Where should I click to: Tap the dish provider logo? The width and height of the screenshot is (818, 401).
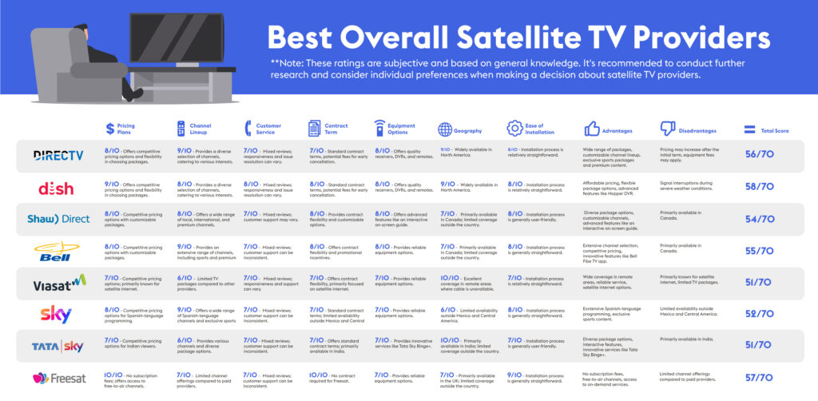[x=56, y=189]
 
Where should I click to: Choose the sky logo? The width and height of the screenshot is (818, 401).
[x=56, y=314]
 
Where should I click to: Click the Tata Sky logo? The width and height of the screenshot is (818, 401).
[x=56, y=345]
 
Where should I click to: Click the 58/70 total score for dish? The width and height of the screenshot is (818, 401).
[x=759, y=186]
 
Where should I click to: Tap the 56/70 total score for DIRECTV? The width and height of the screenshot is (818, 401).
[x=759, y=155]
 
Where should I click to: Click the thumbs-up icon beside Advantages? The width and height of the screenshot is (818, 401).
[x=593, y=129]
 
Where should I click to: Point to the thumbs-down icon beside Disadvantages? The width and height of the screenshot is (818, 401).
[x=668, y=129]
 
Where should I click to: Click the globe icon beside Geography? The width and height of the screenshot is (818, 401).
[x=446, y=129]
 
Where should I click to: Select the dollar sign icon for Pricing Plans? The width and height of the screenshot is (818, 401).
[x=110, y=129]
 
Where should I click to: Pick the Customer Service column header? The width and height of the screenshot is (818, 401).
[x=268, y=129]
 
